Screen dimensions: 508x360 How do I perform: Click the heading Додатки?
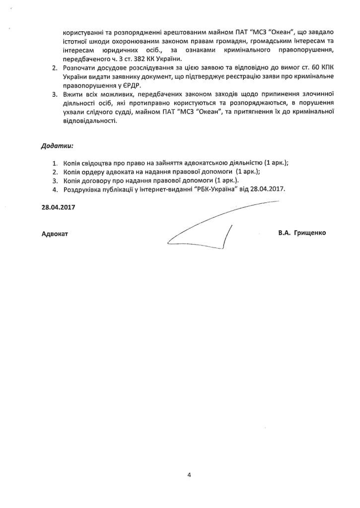pos(57,146)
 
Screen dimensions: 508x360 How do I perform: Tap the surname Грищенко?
pos(310,232)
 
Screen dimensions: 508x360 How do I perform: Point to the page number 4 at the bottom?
pos(189,474)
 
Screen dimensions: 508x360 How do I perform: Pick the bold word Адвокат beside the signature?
pos(55,233)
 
